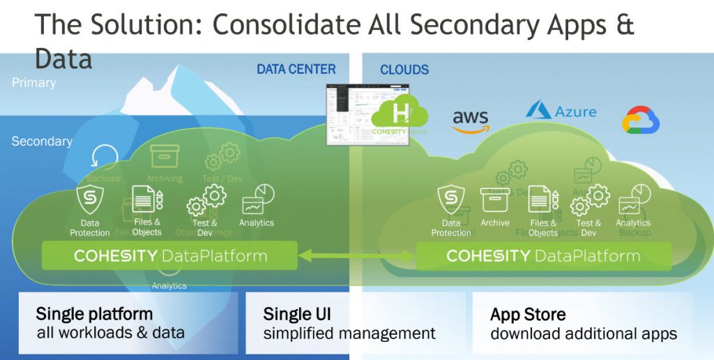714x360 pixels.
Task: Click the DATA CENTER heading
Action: click(x=296, y=69)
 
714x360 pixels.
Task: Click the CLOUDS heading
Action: click(x=404, y=70)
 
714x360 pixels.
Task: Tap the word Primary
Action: click(x=33, y=82)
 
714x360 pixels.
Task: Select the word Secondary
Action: click(x=42, y=141)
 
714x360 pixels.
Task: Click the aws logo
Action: click(x=471, y=120)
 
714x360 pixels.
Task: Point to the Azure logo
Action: click(x=561, y=110)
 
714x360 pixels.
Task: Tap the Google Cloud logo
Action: click(x=641, y=120)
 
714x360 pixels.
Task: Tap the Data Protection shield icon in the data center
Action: click(x=90, y=200)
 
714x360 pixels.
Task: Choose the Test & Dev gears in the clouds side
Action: click(x=590, y=201)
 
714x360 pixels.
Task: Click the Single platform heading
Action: click(x=94, y=314)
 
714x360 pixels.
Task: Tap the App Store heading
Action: click(x=528, y=314)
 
